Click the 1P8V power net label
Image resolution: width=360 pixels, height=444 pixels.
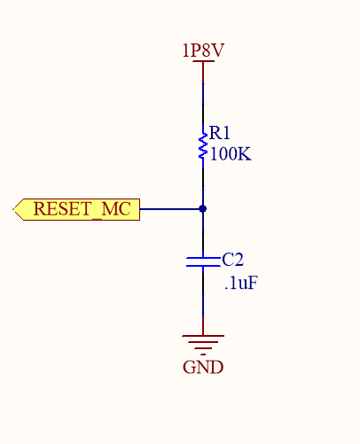click(202, 51)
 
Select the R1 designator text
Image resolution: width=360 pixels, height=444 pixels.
click(220, 134)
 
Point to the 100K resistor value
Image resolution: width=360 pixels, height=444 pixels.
click(231, 153)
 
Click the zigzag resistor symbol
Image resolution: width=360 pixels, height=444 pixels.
click(203, 144)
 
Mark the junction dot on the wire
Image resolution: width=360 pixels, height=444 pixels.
click(203, 209)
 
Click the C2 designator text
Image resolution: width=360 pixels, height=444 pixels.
click(232, 260)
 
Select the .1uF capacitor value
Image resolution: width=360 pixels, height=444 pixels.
click(241, 284)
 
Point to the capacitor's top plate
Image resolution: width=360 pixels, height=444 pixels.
click(203, 257)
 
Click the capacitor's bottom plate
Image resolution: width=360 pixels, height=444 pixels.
click(203, 265)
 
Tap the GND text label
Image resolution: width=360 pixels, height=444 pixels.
click(203, 367)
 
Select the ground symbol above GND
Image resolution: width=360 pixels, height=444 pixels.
click(203, 342)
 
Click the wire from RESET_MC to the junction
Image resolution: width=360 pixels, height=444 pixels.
click(170, 209)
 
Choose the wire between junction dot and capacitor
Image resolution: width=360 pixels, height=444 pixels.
click(203, 232)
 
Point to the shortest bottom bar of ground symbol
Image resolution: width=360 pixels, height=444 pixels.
click(203, 350)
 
